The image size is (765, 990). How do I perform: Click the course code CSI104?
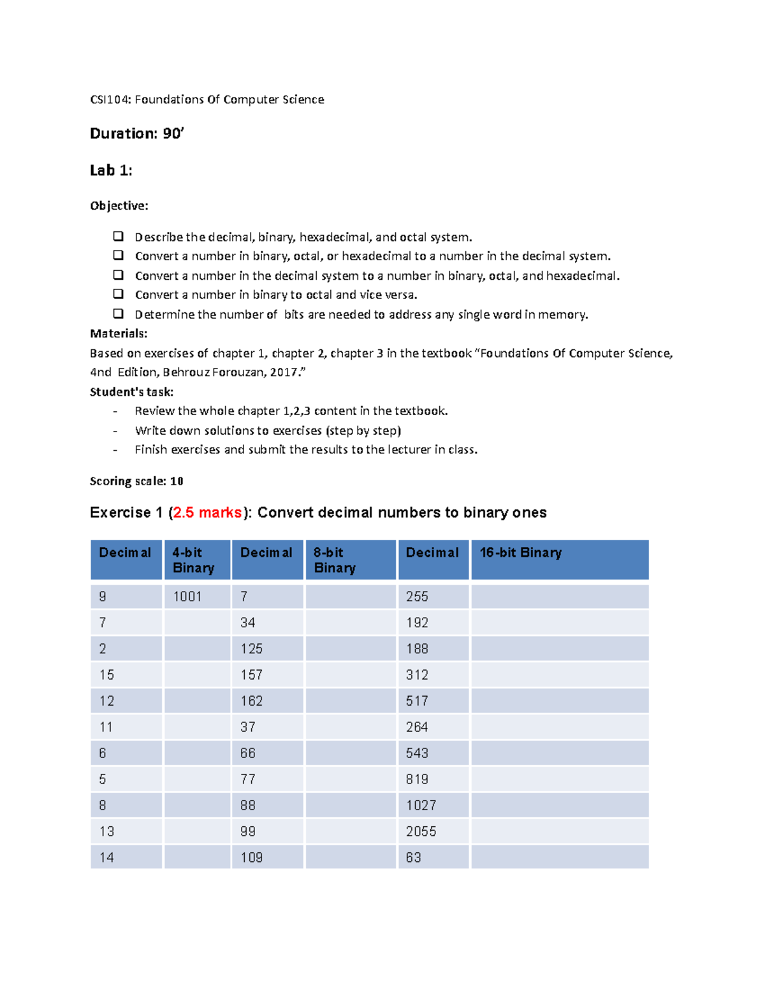point(110,99)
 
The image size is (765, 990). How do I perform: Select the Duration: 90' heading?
point(136,134)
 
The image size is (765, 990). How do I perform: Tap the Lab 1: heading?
point(111,171)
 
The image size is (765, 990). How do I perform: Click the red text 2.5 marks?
point(207,513)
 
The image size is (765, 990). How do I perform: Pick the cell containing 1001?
point(197,597)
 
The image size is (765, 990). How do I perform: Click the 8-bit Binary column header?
point(350,560)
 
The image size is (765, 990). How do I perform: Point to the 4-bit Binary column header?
point(197,560)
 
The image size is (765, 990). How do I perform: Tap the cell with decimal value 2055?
point(433,831)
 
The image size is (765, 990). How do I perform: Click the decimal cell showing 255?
point(433,597)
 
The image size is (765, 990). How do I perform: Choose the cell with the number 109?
point(267,857)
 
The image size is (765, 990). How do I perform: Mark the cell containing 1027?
point(433,805)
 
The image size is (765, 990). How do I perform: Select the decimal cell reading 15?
point(126,674)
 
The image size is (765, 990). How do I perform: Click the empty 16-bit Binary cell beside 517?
point(559,701)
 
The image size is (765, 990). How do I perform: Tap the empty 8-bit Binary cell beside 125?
point(350,648)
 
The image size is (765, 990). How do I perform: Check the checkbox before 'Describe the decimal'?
point(118,237)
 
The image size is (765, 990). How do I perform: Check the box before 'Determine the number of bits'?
point(118,314)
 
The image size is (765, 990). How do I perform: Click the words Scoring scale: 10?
point(136,481)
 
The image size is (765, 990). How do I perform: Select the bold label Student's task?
point(131,392)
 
